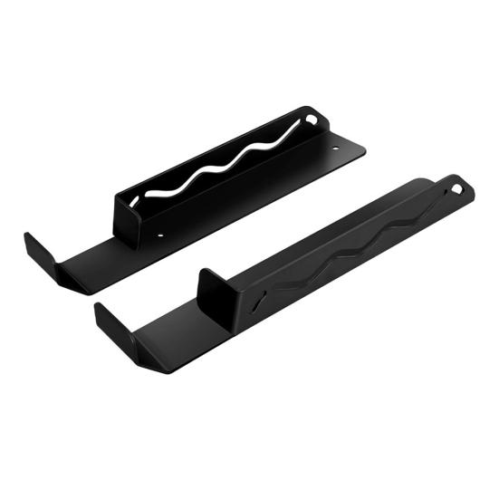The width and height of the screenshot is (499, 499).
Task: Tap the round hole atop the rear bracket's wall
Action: pos(312,119)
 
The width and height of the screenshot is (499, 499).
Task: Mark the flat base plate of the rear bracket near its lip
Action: pos(100,263)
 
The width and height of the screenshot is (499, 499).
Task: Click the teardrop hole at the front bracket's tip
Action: pos(458,189)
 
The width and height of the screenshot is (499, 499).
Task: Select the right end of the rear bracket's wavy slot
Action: pos(299,131)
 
